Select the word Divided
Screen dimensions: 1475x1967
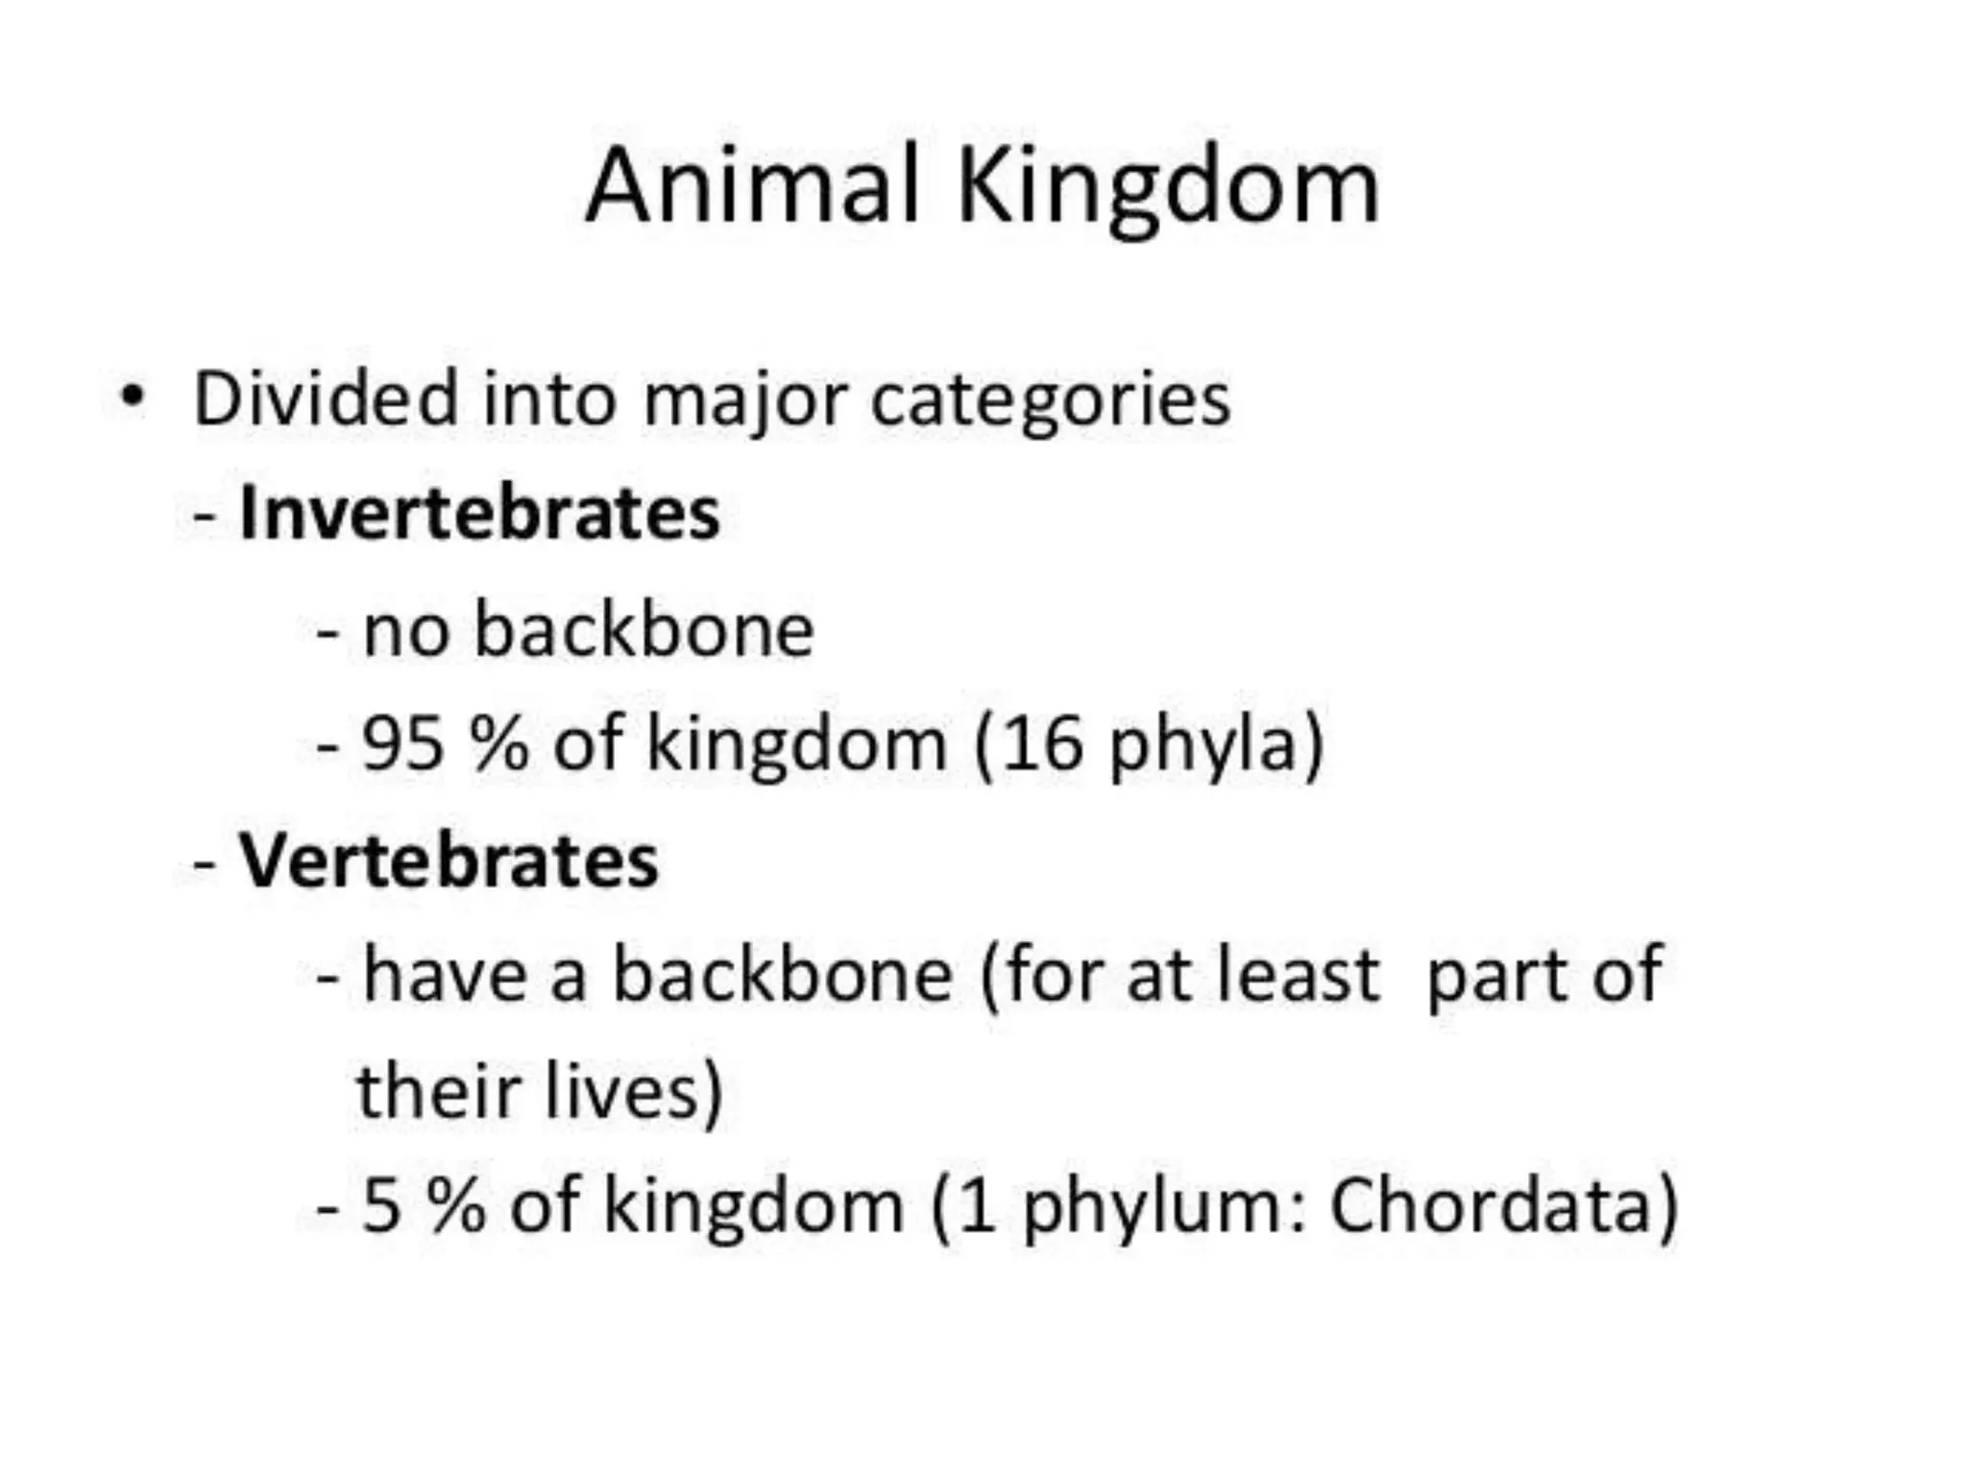point(326,399)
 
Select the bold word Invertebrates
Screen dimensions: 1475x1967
point(479,514)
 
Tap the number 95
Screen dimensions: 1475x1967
point(402,744)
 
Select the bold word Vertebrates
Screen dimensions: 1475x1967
point(449,860)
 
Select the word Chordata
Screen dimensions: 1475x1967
point(1490,1206)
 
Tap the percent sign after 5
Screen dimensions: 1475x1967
point(457,1206)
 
